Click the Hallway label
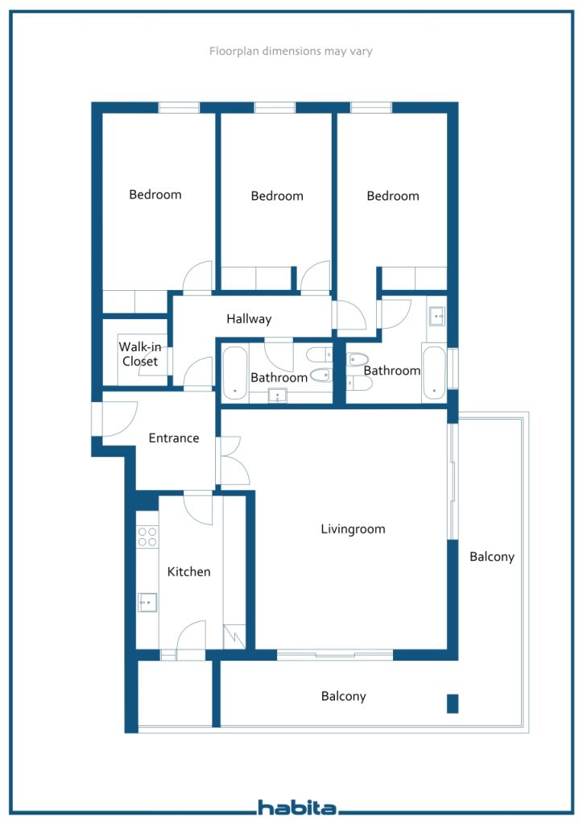tap(249, 319)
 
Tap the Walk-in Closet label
tap(140, 354)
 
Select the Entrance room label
tap(173, 437)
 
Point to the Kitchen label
tap(188, 571)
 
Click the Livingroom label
tap(353, 529)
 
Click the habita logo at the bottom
tap(297, 807)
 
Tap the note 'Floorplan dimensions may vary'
tap(291, 51)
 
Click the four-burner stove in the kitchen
tap(147, 537)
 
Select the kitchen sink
tap(147, 602)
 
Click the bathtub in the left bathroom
tap(235, 373)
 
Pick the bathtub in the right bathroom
tap(434, 373)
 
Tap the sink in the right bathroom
tap(437, 316)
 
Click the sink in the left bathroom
tap(278, 396)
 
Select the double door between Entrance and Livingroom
tap(231, 460)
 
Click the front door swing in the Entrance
tap(116, 419)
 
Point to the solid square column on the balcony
tap(453, 704)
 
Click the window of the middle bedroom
tap(275, 108)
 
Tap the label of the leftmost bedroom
tap(155, 195)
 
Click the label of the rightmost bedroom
tap(393, 197)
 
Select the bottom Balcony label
tap(343, 696)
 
